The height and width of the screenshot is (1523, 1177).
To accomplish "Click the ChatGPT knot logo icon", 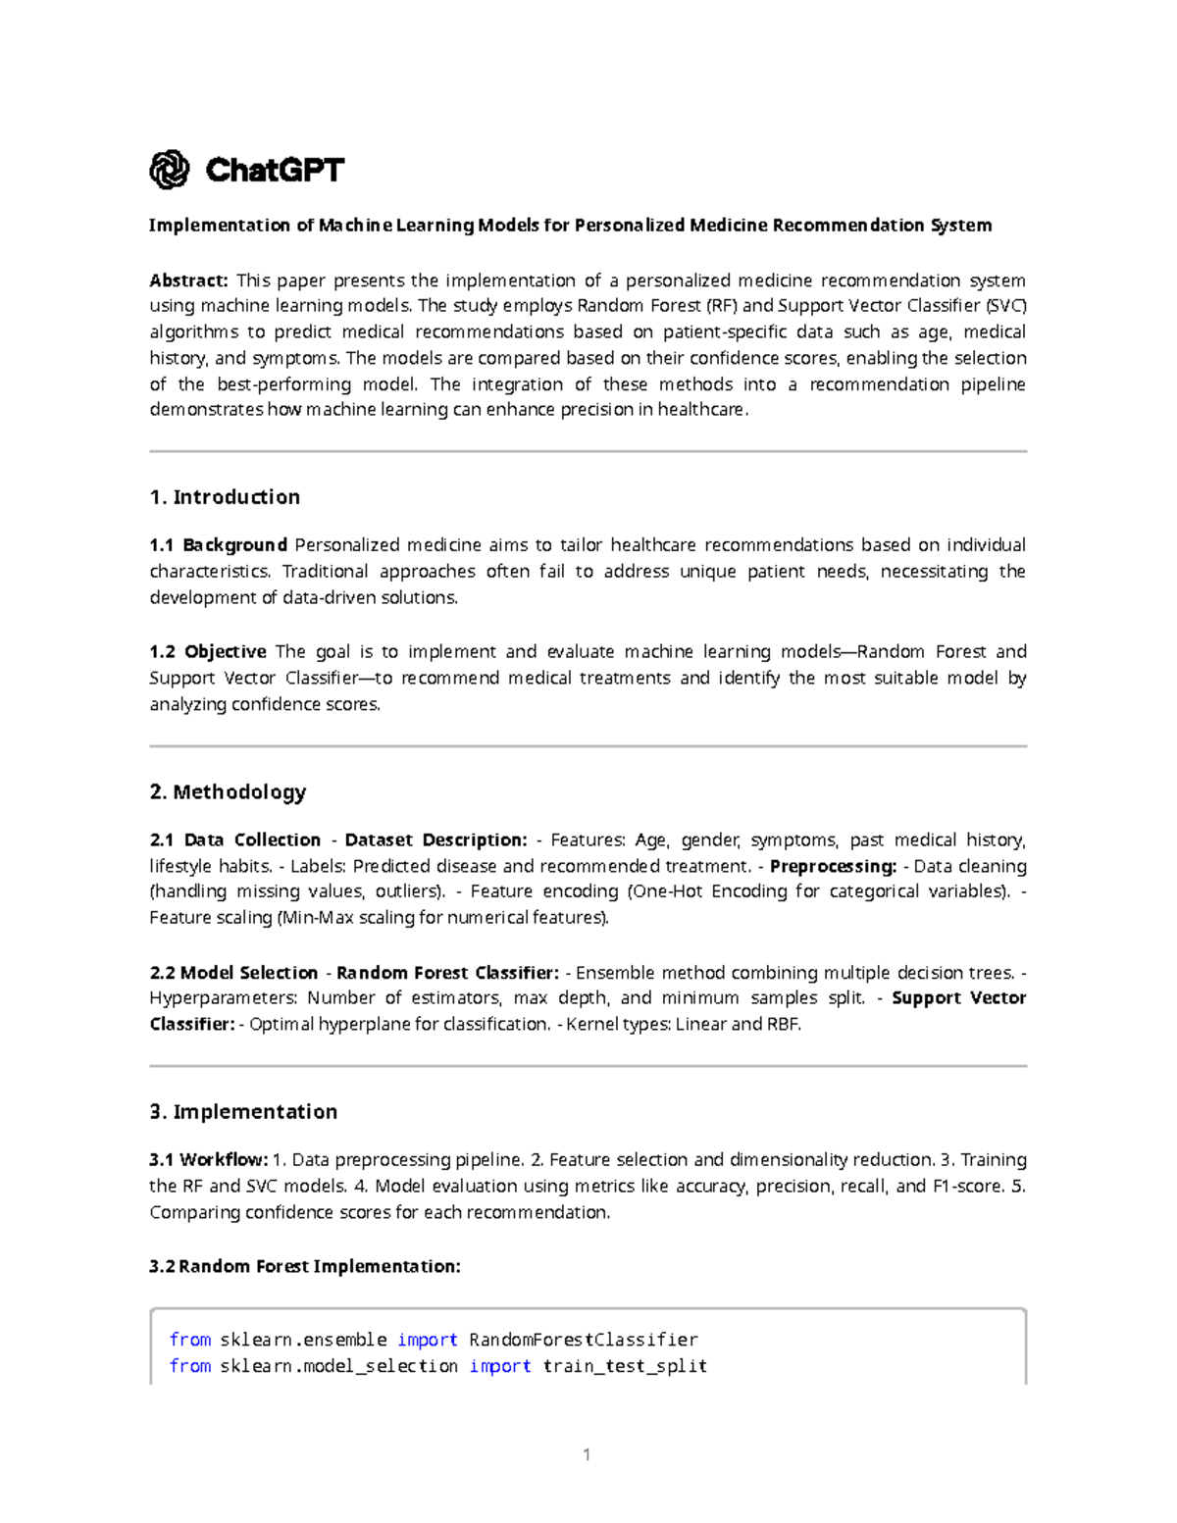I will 169,170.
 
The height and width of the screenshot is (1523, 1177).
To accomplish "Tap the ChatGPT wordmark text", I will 275,171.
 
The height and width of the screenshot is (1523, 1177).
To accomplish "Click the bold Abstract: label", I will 188,280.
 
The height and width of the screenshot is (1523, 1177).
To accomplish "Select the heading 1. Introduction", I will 225,497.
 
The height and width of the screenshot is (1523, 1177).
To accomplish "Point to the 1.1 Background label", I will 218,545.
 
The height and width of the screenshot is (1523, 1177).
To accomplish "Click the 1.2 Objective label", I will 208,652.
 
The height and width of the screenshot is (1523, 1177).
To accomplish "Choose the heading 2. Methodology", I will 228,791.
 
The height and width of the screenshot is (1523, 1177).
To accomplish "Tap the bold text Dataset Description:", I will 435,840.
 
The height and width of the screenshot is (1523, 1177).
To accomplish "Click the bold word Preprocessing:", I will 833,867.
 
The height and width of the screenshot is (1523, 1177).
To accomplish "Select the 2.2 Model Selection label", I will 233,973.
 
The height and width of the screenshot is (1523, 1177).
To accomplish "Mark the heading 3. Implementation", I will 243,1111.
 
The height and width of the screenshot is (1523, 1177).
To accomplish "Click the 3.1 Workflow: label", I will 208,1160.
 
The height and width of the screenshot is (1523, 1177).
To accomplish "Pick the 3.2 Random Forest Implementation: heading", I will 304,1266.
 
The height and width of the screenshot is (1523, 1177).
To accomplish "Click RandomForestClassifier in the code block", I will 584,1340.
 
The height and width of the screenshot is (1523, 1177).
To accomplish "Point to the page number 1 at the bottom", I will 587,1455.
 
